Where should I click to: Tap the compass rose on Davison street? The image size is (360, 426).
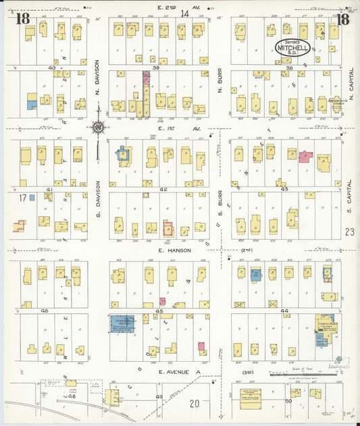coord(99,127)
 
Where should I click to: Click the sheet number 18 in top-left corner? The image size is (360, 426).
coord(22,18)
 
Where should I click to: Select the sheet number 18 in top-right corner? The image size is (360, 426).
coord(342,18)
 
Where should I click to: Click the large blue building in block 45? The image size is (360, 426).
coord(122,323)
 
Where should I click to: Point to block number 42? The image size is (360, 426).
coord(163,190)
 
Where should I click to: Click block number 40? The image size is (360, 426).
coord(51,68)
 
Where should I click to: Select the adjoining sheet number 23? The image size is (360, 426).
coord(350,232)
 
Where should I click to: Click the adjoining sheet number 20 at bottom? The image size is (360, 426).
coord(194,403)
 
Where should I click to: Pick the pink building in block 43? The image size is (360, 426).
coord(306,157)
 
